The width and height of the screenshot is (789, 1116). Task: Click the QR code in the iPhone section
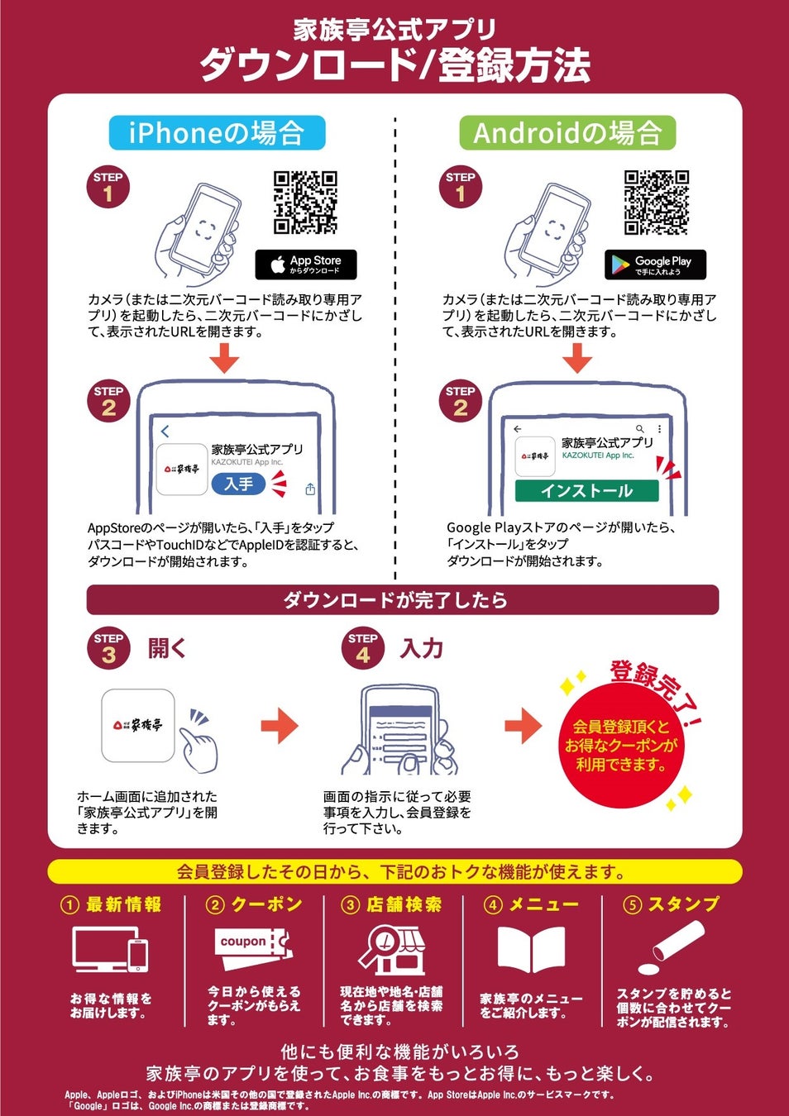point(305,203)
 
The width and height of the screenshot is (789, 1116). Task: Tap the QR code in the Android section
point(657,203)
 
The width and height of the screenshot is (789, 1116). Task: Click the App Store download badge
point(306,265)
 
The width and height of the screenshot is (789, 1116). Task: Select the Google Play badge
point(655,265)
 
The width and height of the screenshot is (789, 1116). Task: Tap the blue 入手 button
point(239,484)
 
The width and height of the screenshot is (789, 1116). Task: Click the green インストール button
point(586,491)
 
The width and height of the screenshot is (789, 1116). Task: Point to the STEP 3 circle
point(108,648)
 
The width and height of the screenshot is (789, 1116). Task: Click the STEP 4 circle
point(363,648)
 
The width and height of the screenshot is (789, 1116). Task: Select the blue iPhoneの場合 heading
point(218,132)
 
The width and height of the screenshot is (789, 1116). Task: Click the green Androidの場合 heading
point(567,132)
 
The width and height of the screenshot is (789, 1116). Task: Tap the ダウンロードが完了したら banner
point(403,600)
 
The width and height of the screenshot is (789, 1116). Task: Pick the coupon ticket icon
point(254,947)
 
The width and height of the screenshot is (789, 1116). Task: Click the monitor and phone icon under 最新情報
point(110,949)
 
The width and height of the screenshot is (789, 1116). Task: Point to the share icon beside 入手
point(310,489)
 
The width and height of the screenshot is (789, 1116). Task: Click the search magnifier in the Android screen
point(640,428)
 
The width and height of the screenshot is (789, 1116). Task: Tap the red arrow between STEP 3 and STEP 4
point(280,726)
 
